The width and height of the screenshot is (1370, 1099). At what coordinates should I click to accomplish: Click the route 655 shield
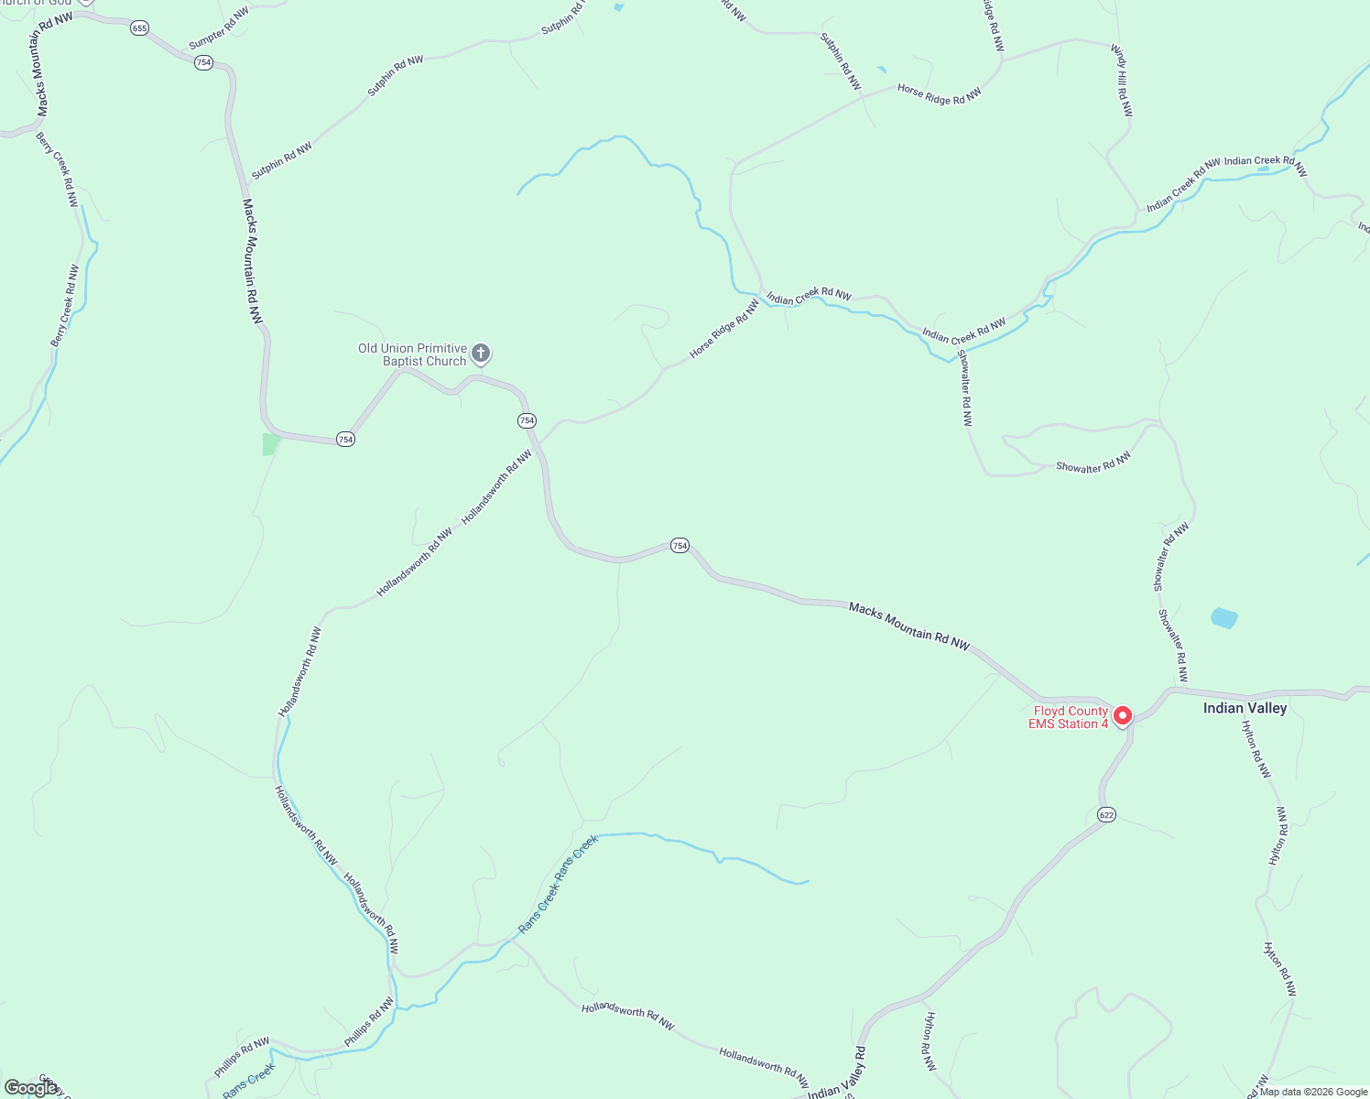[139, 28]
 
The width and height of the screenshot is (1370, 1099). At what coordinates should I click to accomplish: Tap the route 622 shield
[1106, 815]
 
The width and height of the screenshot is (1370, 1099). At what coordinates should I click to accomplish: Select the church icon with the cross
[481, 354]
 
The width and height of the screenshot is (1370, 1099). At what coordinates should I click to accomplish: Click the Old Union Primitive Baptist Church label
[412, 355]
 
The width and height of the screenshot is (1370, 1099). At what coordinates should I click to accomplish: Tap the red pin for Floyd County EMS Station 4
[1123, 715]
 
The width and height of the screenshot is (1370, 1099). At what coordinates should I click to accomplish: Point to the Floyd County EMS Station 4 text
[1070, 717]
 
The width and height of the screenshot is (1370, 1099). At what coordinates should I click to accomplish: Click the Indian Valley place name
[1245, 708]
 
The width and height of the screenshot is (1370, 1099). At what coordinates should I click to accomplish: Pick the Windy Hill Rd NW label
[1123, 81]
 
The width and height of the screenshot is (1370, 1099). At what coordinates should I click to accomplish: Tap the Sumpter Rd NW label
[219, 28]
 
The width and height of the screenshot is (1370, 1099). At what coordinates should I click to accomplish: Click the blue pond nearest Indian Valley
[1223, 618]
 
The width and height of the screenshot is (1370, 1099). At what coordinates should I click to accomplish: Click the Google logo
[30, 1088]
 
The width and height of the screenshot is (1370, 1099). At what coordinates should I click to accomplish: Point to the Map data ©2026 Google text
[1313, 1092]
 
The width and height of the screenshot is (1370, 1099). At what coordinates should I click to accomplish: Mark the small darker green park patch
[270, 444]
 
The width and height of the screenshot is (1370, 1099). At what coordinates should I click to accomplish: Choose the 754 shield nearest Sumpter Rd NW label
[203, 62]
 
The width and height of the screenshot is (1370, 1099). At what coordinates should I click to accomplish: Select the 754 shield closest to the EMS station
[679, 545]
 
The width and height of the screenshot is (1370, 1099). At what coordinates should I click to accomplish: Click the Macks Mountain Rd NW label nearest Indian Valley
[908, 626]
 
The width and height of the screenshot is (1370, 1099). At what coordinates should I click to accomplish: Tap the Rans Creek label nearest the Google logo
[249, 1080]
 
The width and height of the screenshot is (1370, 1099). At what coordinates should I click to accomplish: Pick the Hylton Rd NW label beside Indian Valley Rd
[930, 1042]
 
